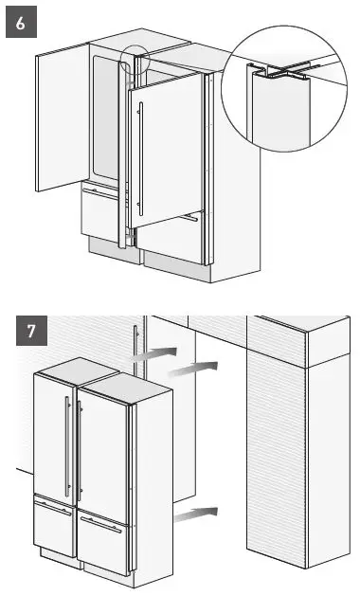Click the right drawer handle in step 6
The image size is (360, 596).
(x=189, y=217)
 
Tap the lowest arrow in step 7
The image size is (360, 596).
(x=196, y=513)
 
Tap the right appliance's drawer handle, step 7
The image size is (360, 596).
(x=100, y=524)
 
